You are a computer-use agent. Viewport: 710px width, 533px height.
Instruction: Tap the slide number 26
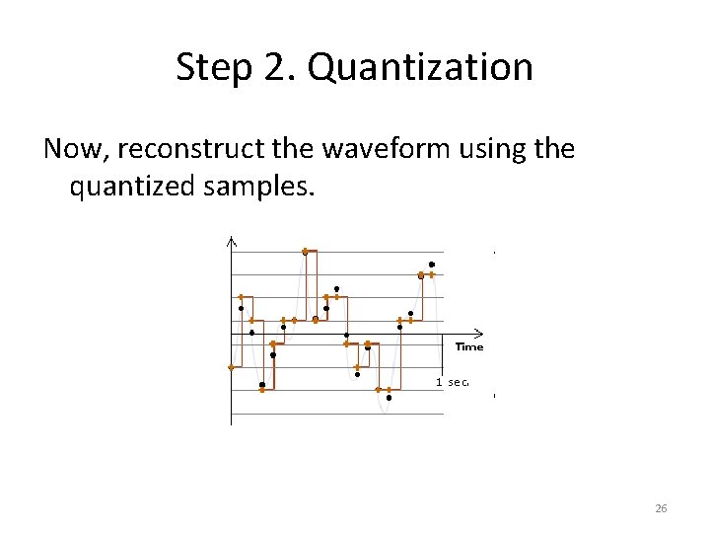tap(661, 508)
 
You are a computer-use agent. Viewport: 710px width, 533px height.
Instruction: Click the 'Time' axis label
tap(468, 346)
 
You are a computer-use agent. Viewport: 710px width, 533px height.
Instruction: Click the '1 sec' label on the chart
tap(452, 381)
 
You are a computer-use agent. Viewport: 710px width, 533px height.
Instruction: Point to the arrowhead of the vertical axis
tap(231, 240)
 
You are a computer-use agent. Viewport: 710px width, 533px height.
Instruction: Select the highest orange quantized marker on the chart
tap(305, 251)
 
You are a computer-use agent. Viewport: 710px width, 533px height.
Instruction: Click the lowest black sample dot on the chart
tap(389, 399)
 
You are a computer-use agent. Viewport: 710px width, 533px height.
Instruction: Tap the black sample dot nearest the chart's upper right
tap(431, 265)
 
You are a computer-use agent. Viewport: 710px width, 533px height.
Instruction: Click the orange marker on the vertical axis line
tap(231, 367)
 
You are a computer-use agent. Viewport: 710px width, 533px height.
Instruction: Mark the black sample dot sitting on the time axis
tap(346, 336)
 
